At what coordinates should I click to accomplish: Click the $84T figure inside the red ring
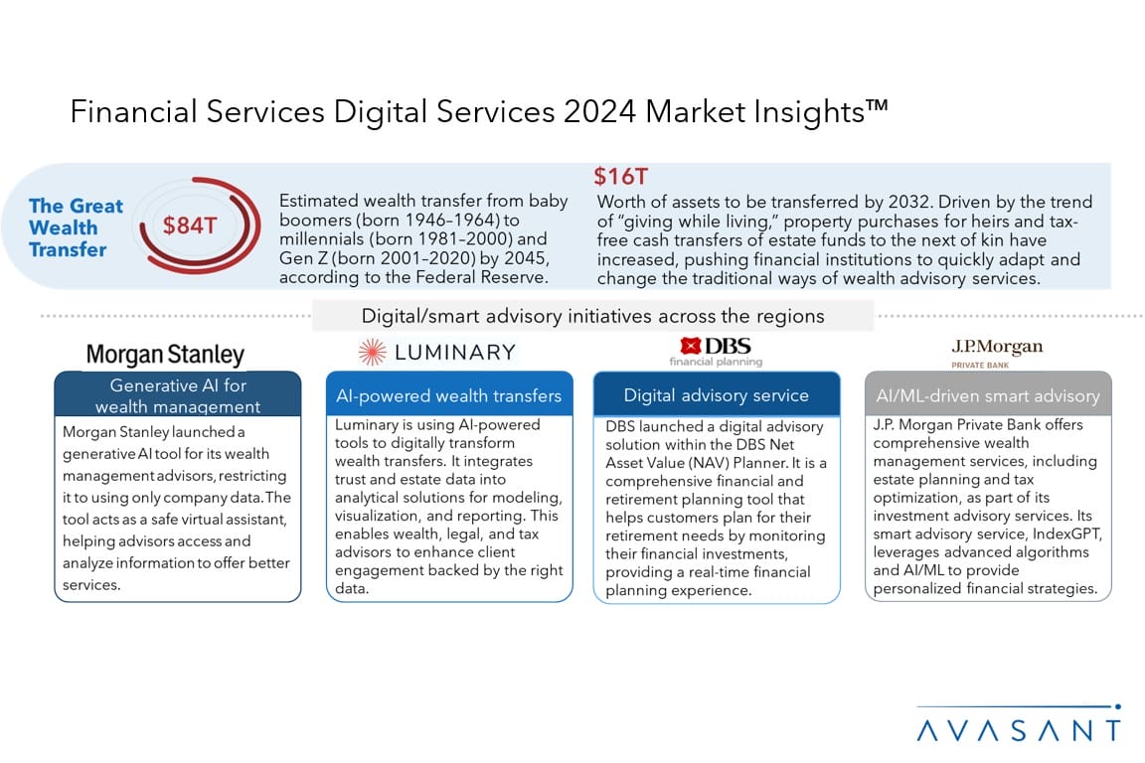click(x=190, y=225)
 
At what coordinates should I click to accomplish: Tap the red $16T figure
click(x=620, y=176)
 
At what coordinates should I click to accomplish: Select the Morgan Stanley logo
click(x=165, y=355)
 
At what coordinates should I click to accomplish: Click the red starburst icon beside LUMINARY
click(x=372, y=352)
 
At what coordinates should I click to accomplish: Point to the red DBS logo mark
click(x=690, y=346)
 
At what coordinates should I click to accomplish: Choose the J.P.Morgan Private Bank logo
click(x=997, y=353)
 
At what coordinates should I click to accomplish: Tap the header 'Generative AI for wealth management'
click(x=178, y=395)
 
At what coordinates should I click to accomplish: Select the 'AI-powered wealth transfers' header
click(x=448, y=395)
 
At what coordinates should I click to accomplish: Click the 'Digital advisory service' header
click(x=717, y=395)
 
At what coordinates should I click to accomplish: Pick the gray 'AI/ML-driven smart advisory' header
click(x=988, y=395)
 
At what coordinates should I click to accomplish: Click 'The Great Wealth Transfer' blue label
click(x=76, y=228)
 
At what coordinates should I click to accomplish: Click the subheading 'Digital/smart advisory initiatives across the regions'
click(x=593, y=316)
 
